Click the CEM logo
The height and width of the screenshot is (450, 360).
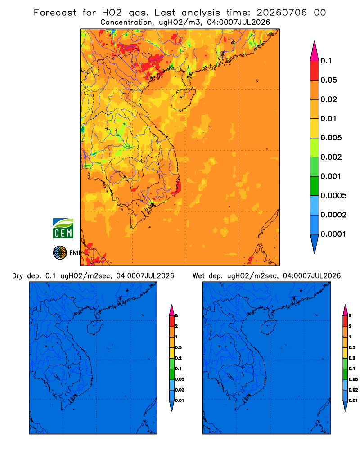[x=63, y=229]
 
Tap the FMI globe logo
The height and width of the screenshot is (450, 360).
[x=60, y=253]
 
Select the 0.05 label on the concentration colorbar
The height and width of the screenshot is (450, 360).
[x=328, y=80]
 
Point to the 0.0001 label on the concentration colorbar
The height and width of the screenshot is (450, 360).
[x=333, y=234]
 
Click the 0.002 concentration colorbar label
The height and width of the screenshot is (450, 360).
[x=331, y=157]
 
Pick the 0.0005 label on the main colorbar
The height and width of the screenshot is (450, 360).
[x=333, y=196]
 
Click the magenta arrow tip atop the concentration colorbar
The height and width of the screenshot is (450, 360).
[x=315, y=42]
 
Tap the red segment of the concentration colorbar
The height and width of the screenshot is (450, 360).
[x=315, y=71]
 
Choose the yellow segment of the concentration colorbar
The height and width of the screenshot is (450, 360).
[x=315, y=128]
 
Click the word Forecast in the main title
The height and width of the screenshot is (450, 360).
[x=55, y=13]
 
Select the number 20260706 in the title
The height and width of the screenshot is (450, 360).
[x=282, y=13]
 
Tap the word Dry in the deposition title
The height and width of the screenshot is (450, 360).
[x=18, y=276]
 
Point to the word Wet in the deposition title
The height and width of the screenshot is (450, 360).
[x=198, y=276]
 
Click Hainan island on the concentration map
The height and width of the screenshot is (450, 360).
[x=183, y=99]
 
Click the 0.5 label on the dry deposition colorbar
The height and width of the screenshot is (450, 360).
[x=178, y=347]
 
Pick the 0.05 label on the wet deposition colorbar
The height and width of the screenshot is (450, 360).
[x=353, y=379]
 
